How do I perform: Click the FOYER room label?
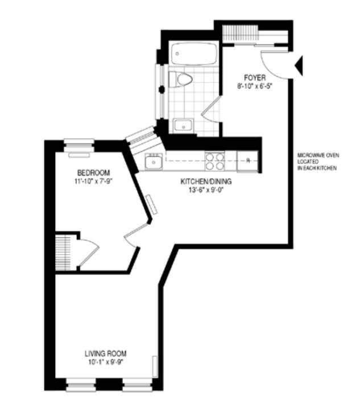(x=255, y=77)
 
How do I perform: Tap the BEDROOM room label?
(x=93, y=172)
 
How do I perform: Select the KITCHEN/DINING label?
(x=206, y=182)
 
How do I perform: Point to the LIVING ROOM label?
(x=106, y=353)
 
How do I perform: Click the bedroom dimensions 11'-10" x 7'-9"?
(x=93, y=181)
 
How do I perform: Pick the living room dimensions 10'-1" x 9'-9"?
(x=105, y=362)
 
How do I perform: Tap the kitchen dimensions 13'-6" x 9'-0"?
(x=206, y=190)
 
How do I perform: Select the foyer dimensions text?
(x=255, y=86)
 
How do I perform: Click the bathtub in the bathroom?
(x=194, y=54)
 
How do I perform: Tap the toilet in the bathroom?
(x=180, y=79)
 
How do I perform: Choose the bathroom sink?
(x=183, y=126)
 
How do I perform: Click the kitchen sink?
(x=154, y=161)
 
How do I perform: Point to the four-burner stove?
(x=215, y=161)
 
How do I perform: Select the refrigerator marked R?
(x=247, y=161)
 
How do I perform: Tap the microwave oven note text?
(x=318, y=162)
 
